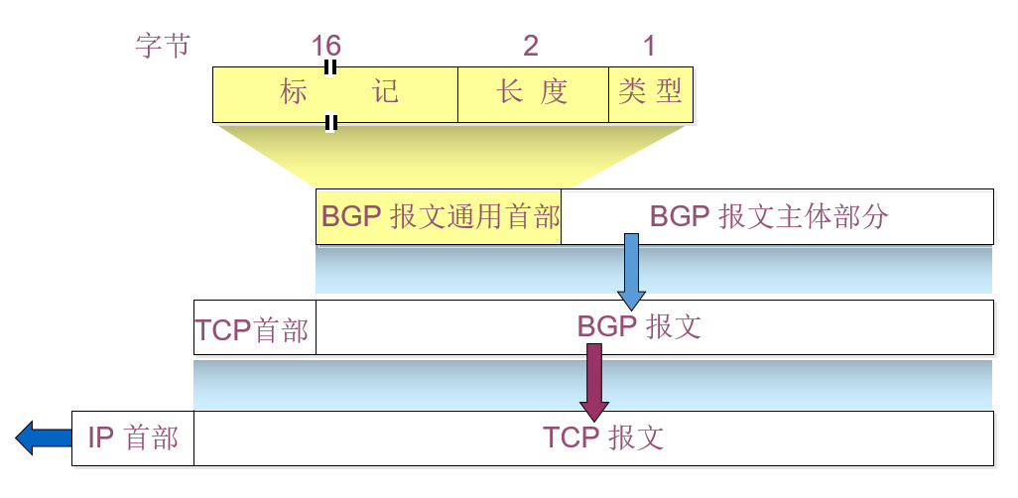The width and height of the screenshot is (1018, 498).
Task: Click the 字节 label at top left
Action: [x=162, y=46]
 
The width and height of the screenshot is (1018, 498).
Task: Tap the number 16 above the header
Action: [x=326, y=46]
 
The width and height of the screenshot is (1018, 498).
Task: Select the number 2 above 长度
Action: [x=531, y=46]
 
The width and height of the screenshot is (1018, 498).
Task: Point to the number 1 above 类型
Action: [x=649, y=46]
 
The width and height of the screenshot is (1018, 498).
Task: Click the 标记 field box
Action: [x=335, y=94]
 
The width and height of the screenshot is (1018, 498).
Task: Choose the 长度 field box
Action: [x=533, y=94]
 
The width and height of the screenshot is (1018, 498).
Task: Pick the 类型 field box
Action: [x=650, y=94]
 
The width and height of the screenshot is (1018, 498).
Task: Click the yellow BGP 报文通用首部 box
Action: [x=439, y=216]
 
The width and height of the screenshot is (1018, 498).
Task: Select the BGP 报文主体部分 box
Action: [x=777, y=216]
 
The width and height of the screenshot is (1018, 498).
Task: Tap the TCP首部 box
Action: [x=254, y=327]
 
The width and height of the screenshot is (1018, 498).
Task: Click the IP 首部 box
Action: [x=133, y=437]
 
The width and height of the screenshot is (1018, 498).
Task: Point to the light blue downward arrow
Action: [x=631, y=271]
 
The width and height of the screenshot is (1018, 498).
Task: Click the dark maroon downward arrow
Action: [x=593, y=381]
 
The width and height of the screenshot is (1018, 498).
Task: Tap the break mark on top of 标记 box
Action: [x=330, y=66]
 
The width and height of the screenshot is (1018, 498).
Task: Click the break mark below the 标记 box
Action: [x=331, y=122]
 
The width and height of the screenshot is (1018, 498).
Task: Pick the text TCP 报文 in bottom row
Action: [x=602, y=437]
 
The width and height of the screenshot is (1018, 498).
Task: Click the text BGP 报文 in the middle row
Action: [x=638, y=326]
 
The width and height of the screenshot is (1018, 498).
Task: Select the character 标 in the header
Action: [x=293, y=94]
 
